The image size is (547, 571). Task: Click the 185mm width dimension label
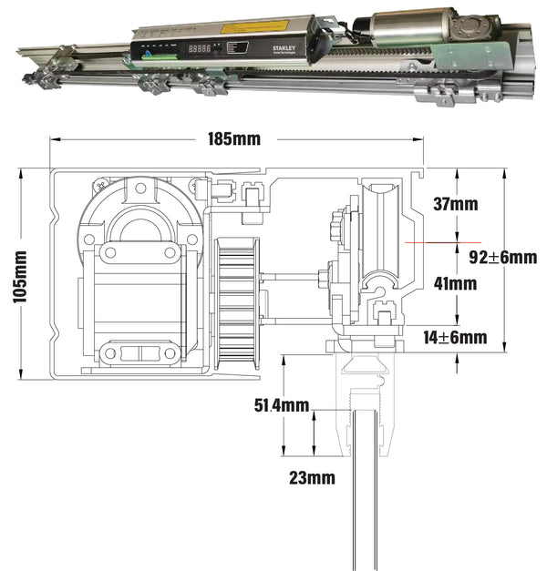coord(234,139)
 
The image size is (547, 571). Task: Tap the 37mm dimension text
coord(454,204)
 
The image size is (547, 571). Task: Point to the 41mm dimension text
coord(454,283)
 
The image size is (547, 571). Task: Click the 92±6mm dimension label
coord(502,257)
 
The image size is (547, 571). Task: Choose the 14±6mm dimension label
coord(456,338)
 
